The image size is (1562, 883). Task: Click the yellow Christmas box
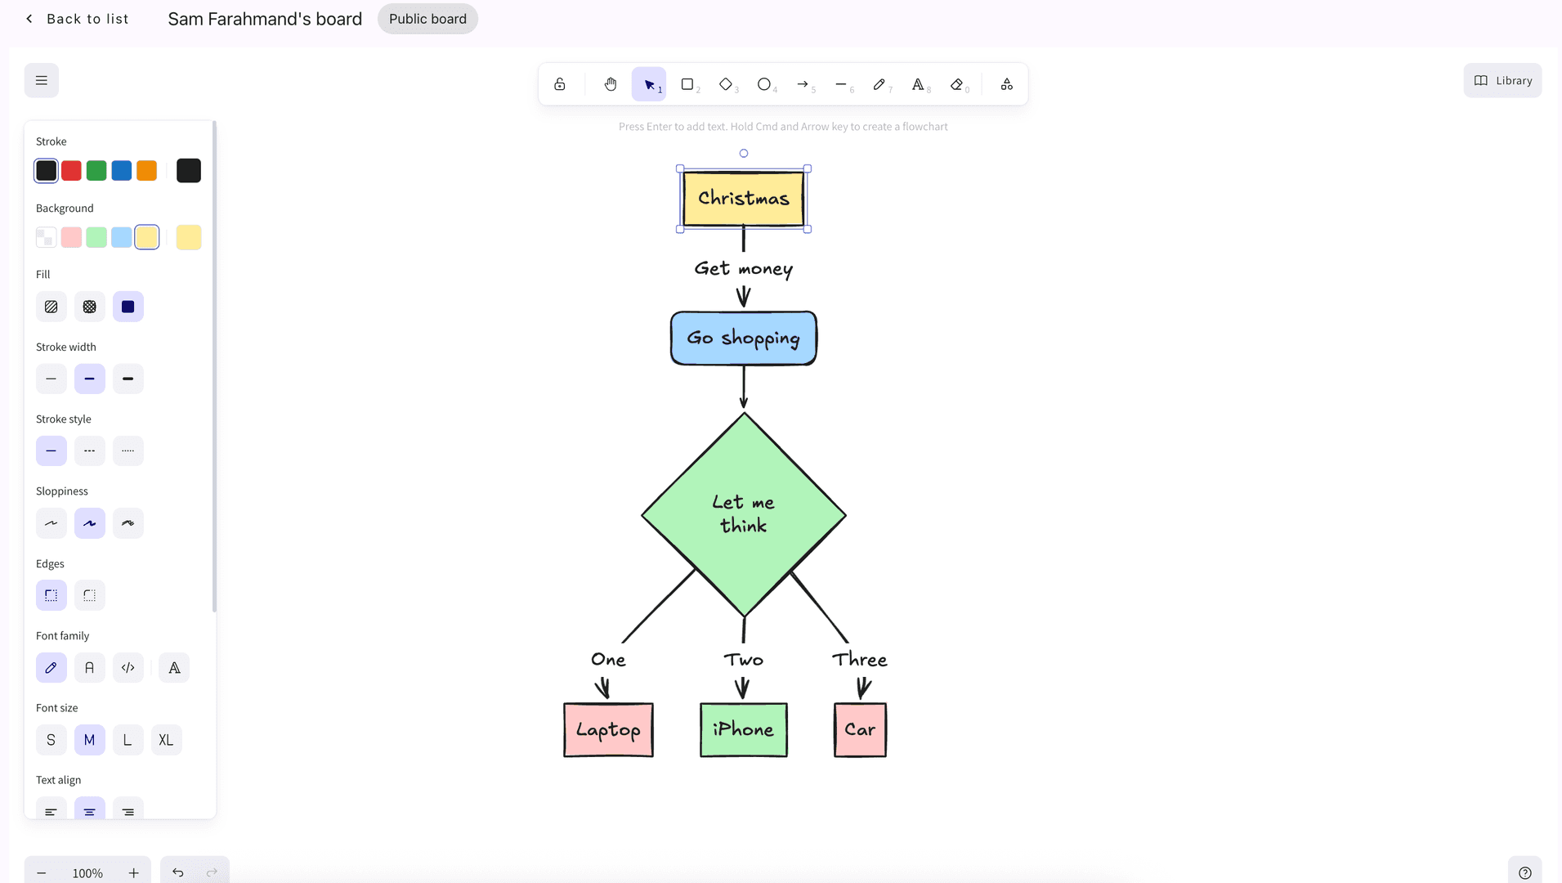pos(743,199)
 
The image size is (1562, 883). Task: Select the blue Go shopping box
pos(743,338)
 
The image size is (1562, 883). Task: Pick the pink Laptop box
pos(608,730)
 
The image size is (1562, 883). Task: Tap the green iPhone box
pos(743,730)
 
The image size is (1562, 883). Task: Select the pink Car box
pos(860,730)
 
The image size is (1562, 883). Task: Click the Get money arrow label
pos(743,268)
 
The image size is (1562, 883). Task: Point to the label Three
pos(860,660)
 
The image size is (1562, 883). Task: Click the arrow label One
pos(608,660)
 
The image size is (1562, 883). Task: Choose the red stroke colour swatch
pos(71,171)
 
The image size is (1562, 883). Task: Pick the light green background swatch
pos(96,238)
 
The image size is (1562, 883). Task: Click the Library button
pos(1502,81)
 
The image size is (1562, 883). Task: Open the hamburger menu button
pos(42,81)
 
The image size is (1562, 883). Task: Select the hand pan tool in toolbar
pos(611,84)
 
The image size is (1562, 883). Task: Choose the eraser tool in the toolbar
pos(957,84)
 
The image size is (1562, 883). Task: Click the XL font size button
pos(166,740)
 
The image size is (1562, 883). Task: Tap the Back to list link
pos(78,19)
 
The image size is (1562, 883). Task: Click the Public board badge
pos(427,19)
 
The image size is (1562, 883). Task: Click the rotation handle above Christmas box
pos(743,153)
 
